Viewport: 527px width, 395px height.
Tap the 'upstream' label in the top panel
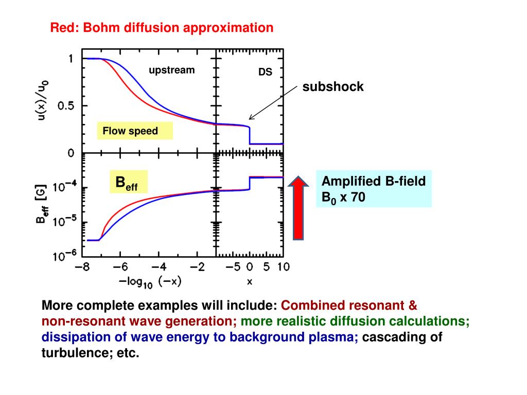(172, 70)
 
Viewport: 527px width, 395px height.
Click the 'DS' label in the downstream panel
(265, 73)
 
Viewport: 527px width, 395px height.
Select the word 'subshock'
(333, 87)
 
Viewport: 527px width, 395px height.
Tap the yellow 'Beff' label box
(128, 182)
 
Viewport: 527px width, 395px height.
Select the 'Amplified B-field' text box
(373, 189)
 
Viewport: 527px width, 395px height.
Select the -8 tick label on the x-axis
(81, 267)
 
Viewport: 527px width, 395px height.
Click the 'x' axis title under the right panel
(250, 281)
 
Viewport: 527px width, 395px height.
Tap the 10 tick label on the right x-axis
(283, 267)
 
